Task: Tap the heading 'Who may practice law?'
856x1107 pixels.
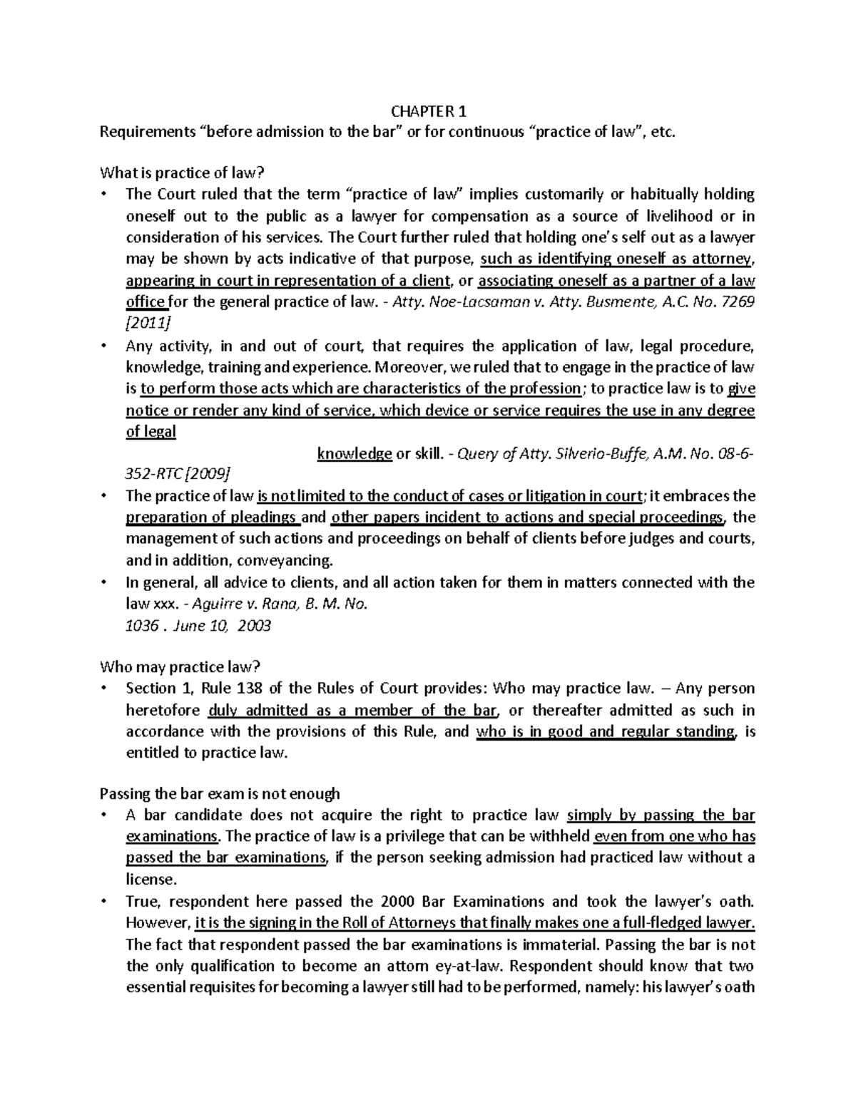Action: click(x=180, y=667)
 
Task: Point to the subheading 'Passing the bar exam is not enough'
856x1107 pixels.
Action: click(x=220, y=793)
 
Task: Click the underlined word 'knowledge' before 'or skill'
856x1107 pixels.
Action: click(x=354, y=454)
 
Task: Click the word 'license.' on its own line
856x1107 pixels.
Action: click(x=149, y=879)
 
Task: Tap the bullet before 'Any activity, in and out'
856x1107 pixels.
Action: click(x=104, y=346)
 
